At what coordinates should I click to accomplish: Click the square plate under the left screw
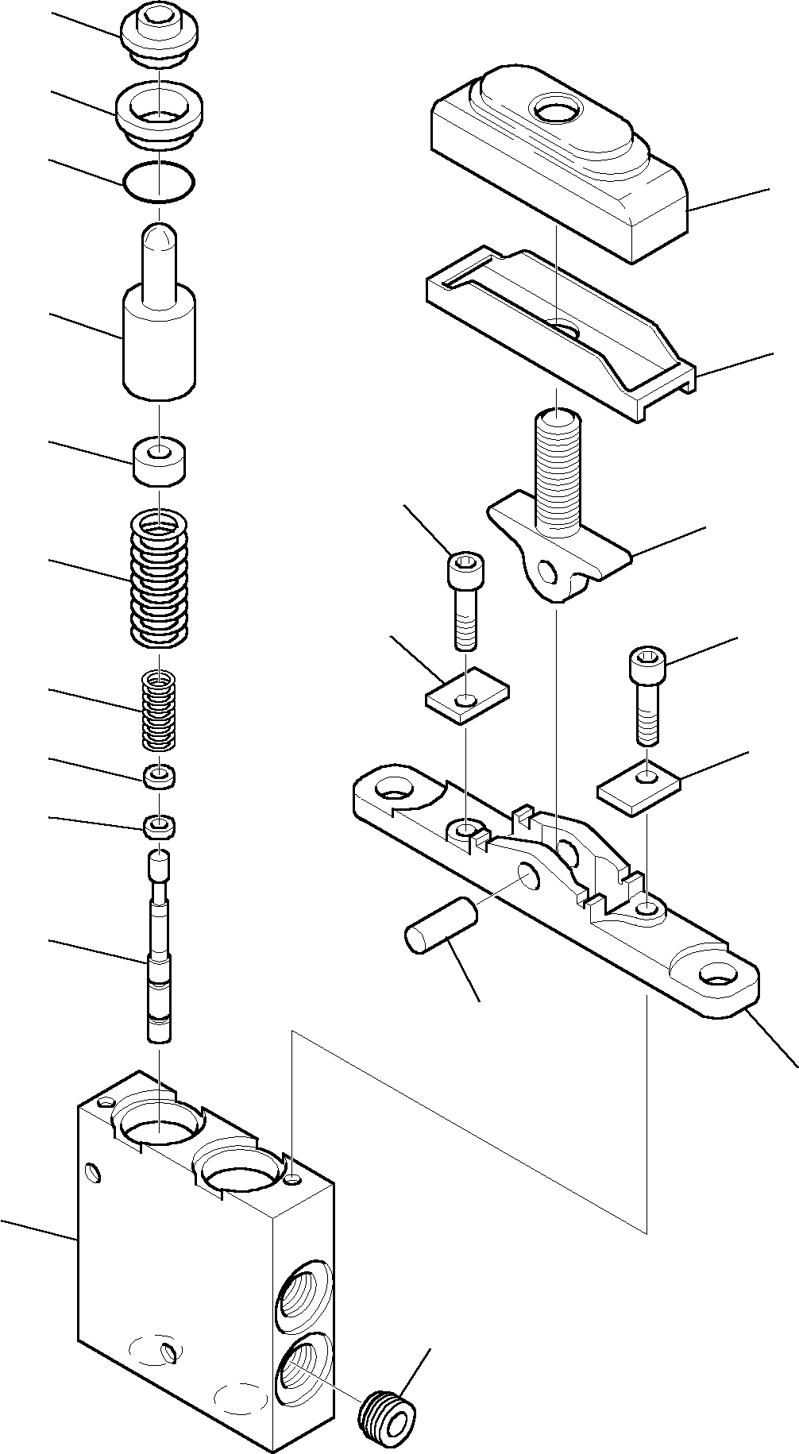click(467, 696)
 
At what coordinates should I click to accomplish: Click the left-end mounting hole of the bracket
click(394, 788)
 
